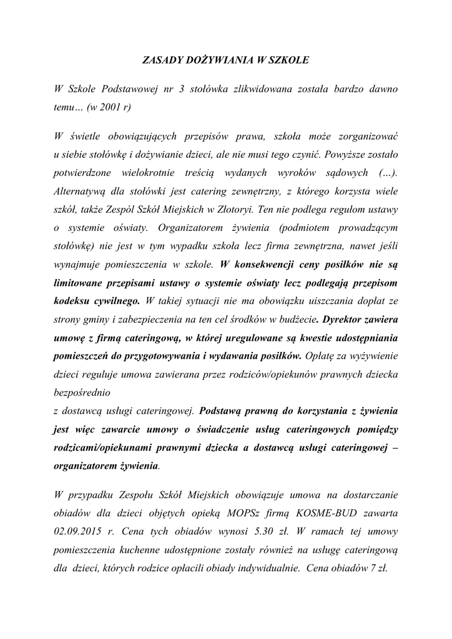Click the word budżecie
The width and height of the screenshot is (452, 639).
coord(295,318)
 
